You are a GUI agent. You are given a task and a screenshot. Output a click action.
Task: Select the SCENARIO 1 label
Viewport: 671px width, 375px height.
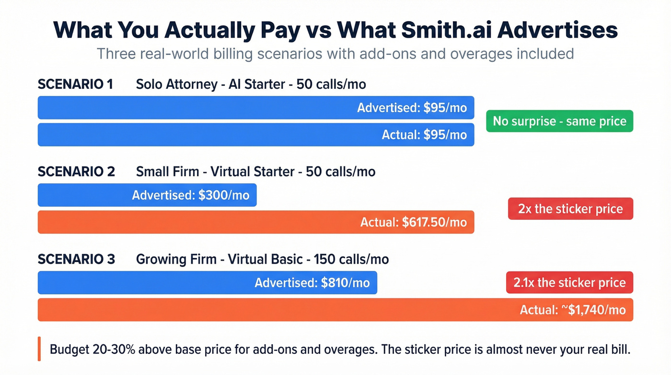75,85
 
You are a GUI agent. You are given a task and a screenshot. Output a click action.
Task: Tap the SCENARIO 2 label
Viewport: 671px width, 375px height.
76,172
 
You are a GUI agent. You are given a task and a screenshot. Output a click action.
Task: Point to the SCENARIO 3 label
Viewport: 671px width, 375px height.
76,260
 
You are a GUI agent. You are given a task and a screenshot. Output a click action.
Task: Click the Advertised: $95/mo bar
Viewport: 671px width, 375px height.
256,108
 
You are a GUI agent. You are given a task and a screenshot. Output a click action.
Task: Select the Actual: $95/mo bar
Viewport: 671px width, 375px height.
256,135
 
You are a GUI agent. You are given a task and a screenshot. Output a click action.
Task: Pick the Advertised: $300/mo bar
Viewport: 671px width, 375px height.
147,195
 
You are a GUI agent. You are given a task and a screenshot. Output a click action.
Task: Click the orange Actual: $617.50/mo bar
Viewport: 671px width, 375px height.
256,222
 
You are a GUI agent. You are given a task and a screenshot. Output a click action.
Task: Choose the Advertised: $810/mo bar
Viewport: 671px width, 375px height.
207,283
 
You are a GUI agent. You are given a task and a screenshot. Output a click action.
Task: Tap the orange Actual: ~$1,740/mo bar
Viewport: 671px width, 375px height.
335,310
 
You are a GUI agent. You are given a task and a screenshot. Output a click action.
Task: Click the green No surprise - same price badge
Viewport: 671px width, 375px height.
559,121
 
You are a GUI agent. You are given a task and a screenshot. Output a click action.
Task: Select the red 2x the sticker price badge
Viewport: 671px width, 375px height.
570,209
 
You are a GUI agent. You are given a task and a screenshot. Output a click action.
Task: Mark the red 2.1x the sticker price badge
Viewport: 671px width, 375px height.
569,282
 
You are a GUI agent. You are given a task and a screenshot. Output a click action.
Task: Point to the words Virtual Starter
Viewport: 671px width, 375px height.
252,172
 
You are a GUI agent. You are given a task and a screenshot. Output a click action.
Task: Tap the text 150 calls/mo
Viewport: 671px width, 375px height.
351,260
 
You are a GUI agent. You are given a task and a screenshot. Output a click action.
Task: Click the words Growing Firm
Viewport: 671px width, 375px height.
177,260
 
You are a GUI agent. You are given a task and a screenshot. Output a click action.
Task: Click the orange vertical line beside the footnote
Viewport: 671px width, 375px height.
39,349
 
